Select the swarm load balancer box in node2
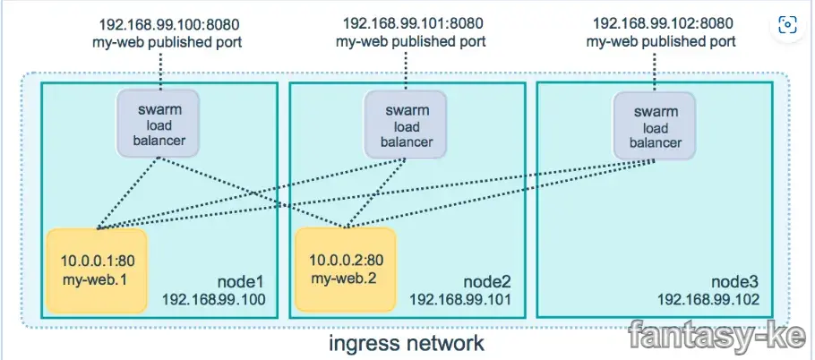coord(404,125)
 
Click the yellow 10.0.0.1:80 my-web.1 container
coord(96,269)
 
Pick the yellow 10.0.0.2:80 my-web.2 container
coord(344,268)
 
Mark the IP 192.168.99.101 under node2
coord(460,300)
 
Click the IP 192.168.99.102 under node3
coord(709,300)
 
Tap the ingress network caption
coord(407,341)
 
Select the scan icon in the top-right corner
coord(787,25)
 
